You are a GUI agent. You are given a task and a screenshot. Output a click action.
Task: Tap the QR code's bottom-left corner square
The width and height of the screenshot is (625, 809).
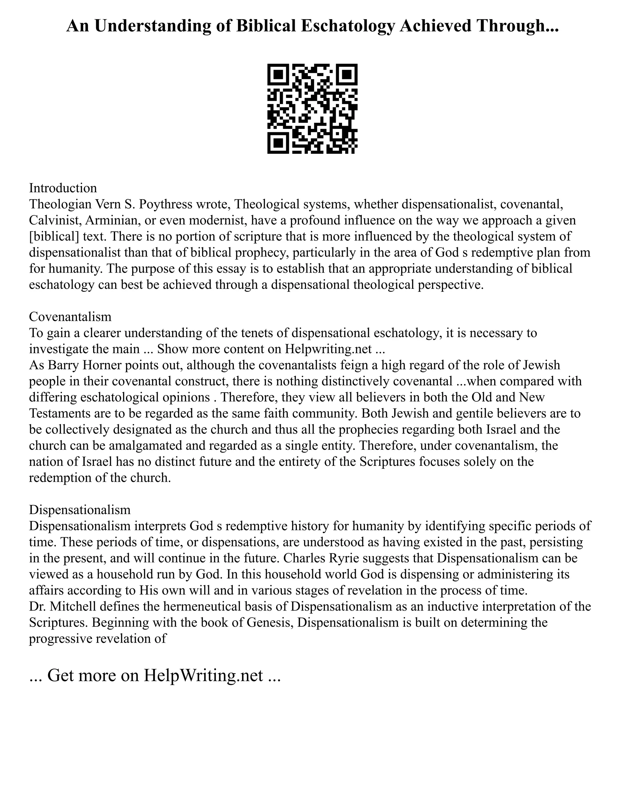[278, 143]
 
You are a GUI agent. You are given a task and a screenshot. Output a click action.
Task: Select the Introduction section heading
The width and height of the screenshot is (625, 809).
[63, 188]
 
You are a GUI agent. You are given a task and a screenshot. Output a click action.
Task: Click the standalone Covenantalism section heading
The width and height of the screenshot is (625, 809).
[70, 316]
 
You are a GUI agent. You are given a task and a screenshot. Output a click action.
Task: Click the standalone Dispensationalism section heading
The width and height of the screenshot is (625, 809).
[80, 510]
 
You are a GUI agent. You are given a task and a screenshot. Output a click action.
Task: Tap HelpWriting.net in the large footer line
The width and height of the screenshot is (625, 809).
[203, 675]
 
